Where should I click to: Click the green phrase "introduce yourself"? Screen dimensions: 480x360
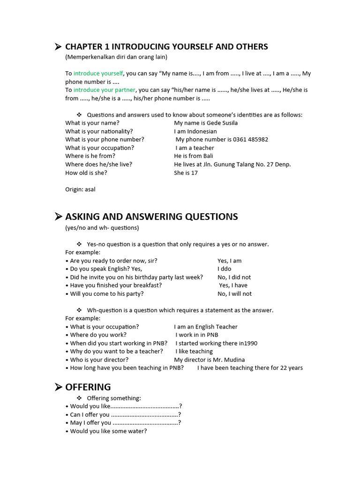click(98, 74)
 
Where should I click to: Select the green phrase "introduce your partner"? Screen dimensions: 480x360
click(105, 90)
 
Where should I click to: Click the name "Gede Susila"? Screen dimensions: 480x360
click(221, 123)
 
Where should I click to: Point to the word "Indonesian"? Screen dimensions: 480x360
click(202, 132)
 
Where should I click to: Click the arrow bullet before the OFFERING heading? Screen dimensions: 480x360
click(58, 387)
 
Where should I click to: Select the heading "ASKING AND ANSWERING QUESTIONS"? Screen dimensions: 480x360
click(151, 217)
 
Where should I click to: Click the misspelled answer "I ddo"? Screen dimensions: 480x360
click(225, 269)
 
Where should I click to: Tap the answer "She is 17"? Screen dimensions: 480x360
click(186, 173)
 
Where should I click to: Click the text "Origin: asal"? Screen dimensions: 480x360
click(80, 189)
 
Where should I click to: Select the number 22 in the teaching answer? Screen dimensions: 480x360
click(284, 368)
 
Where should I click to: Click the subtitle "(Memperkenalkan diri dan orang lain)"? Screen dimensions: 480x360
click(116, 57)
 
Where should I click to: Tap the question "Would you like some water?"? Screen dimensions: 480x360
click(108, 431)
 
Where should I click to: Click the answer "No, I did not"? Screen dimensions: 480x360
click(234, 277)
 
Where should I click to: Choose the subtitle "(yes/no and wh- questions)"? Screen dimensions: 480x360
click(102, 228)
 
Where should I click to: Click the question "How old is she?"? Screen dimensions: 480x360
click(86, 173)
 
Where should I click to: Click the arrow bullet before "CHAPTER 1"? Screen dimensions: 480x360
click(58, 46)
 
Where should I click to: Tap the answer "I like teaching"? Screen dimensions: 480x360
click(194, 352)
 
